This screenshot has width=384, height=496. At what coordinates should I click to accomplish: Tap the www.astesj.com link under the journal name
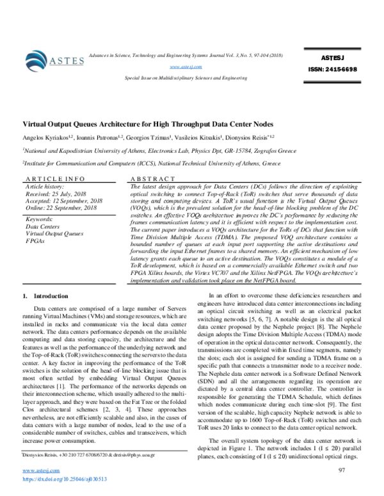186,66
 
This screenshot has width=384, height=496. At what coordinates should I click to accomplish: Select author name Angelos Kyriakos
47,137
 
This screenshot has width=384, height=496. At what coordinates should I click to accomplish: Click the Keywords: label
41,219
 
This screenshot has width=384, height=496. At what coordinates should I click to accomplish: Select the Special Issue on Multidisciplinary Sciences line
186,77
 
